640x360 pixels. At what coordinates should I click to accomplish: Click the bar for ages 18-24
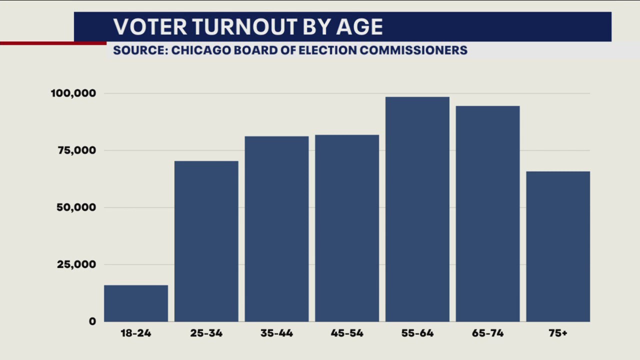click(x=136, y=303)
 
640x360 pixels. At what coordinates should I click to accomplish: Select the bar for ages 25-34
click(x=206, y=241)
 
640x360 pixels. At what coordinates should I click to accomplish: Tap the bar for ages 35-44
click(x=276, y=228)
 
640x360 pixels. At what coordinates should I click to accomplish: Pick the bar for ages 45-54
click(x=347, y=228)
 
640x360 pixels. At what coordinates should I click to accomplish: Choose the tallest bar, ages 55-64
click(x=417, y=209)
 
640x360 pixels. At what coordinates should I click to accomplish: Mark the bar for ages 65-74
click(x=487, y=213)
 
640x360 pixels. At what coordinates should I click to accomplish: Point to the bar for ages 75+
click(x=558, y=246)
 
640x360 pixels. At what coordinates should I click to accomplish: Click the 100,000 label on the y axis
click(x=73, y=93)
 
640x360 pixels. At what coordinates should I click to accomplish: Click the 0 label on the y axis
click(x=92, y=321)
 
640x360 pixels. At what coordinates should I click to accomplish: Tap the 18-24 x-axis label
click(x=136, y=333)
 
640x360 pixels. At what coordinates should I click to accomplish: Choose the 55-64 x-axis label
click(x=417, y=333)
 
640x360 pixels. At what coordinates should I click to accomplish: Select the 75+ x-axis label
click(x=558, y=333)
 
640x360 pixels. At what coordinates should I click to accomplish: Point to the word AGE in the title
click(x=359, y=27)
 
